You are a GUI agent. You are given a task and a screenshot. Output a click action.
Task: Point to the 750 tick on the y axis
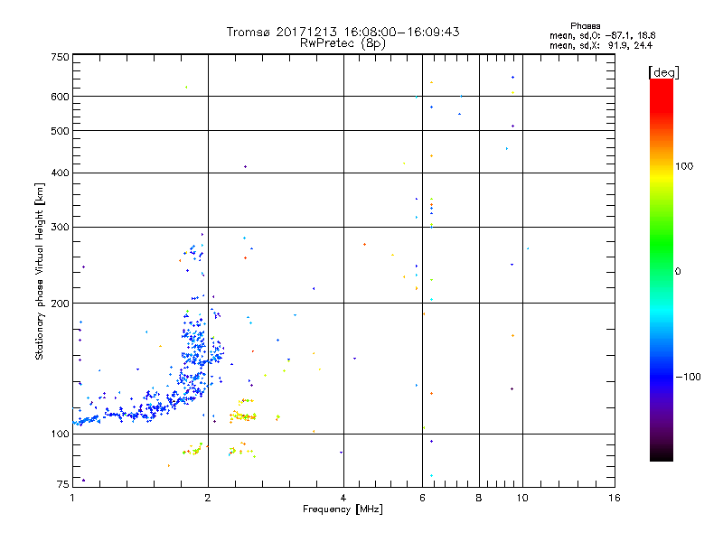[60, 57]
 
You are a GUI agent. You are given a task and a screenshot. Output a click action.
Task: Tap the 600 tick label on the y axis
[60, 97]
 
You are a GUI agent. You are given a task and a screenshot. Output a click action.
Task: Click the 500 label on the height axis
[60, 131]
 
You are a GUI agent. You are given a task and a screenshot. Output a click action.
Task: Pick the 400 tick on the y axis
[60, 173]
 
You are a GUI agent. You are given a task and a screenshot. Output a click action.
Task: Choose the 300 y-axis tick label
[60, 227]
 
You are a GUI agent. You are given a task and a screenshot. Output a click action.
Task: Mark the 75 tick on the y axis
[62, 485]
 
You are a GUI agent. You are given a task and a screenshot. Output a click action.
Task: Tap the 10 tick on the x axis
[522, 498]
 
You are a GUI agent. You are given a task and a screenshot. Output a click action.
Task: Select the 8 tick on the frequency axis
[479, 498]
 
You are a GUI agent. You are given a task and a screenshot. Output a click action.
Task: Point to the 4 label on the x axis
[343, 498]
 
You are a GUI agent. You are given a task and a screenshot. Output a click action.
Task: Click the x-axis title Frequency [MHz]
[343, 509]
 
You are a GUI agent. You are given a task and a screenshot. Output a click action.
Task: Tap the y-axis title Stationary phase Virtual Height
[40, 271]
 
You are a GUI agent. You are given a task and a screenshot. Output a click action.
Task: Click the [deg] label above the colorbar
[662, 71]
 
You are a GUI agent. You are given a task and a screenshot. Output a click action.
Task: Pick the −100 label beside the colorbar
[688, 376]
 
